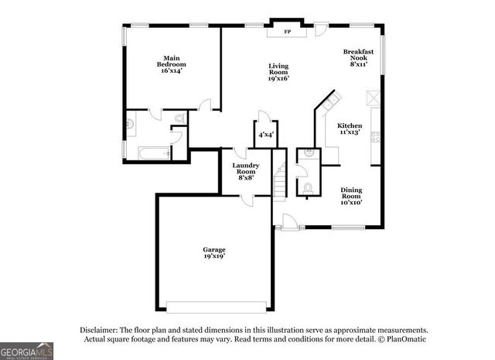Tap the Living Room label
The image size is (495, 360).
tap(278, 72)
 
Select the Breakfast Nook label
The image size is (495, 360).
tap(358, 58)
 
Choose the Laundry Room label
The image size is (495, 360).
tap(246, 171)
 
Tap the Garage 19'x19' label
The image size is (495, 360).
tap(214, 253)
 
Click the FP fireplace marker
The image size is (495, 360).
tap(287, 32)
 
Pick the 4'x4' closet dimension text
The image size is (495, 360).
tap(265, 135)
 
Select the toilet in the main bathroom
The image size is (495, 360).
tap(180, 118)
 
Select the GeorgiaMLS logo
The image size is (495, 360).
tap(27, 350)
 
